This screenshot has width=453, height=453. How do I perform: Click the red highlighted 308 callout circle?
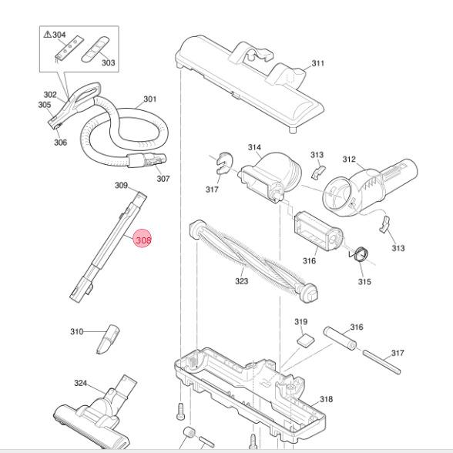tap(143, 240)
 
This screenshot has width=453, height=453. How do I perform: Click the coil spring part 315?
tap(359, 253)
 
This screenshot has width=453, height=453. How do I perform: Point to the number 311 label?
tap(317, 63)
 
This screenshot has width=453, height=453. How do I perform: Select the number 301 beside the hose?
tap(149, 99)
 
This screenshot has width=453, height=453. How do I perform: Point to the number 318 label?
tap(326, 399)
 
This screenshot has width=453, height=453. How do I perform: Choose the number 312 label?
tap(349, 159)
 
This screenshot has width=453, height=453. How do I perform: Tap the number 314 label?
tap(254, 147)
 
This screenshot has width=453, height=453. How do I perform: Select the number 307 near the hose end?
tap(163, 179)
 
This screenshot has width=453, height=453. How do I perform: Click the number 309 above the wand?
tap(121, 185)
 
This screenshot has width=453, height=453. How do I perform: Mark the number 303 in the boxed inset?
tap(108, 62)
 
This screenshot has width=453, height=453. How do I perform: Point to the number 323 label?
tap(241, 282)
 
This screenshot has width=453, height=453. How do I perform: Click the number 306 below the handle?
tap(60, 142)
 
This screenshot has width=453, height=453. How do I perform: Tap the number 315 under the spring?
tap(364, 282)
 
